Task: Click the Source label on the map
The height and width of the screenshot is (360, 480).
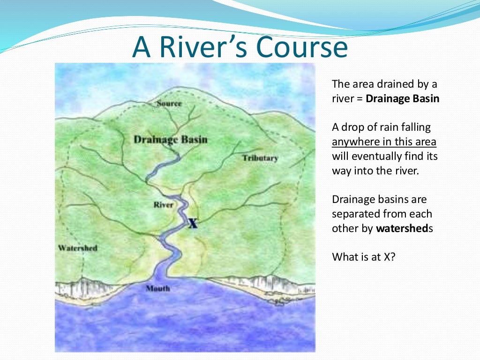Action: pos(169,103)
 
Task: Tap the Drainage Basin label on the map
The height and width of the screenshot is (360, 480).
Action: pos(170,140)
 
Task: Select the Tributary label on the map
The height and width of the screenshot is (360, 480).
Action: pos(260,158)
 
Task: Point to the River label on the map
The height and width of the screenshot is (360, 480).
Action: pos(163,205)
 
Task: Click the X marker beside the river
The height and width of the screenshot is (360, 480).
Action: pos(192,224)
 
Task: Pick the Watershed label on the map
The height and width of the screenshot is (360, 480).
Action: pos(77,247)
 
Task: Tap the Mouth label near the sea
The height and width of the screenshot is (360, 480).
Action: pos(157,288)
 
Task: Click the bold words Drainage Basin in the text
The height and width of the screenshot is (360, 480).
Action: pos(402,99)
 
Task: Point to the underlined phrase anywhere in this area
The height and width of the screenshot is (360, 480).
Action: pos(384,142)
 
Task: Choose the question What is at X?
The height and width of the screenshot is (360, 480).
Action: pos(364,257)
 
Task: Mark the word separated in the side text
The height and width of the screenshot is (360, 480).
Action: pos(356,214)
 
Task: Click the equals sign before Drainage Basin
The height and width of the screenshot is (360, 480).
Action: pos(359,99)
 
